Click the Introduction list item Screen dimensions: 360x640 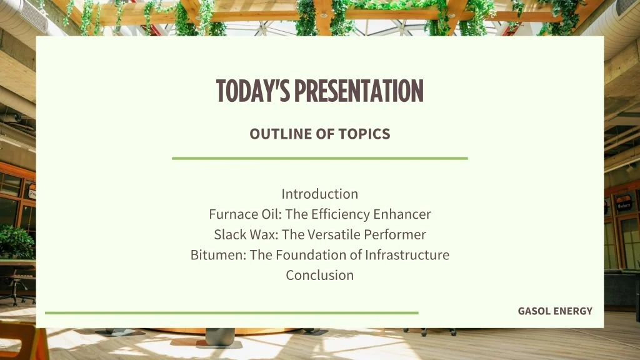(319, 194)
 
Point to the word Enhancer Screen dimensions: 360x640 (402, 214)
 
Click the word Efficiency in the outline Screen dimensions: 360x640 (340, 214)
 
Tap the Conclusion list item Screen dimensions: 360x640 (319, 275)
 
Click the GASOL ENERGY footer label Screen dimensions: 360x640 (555, 311)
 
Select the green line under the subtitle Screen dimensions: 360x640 (319, 159)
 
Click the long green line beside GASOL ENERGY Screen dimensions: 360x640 (231, 312)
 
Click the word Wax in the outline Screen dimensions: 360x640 (266, 235)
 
